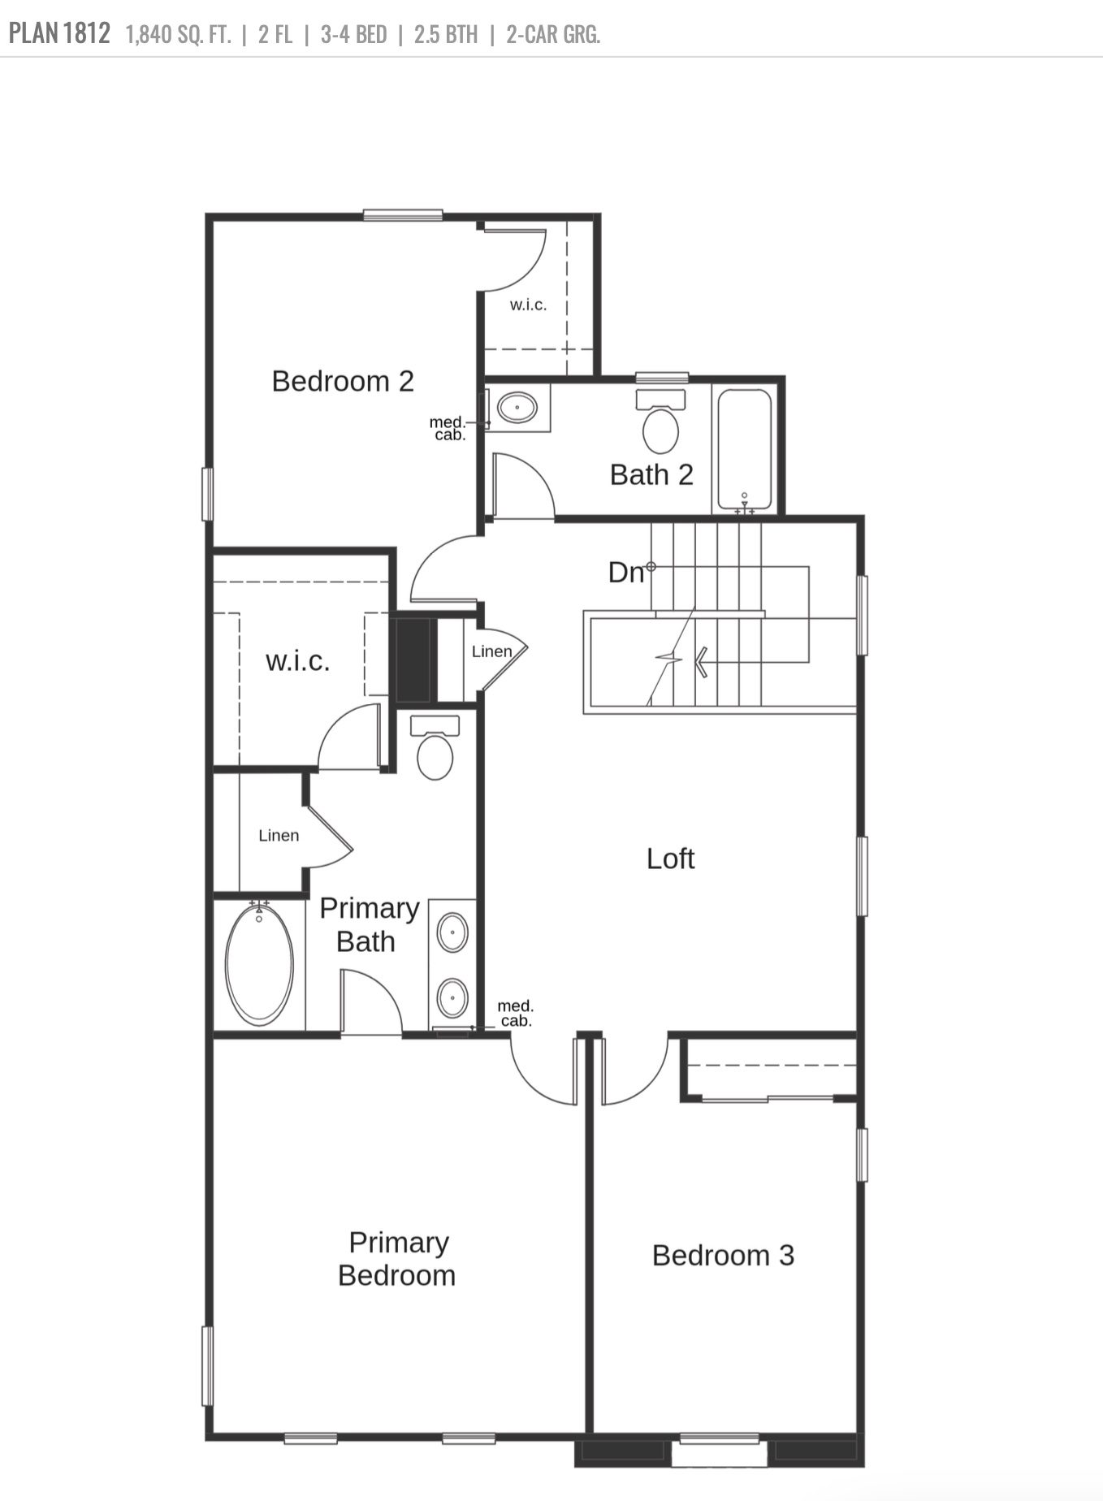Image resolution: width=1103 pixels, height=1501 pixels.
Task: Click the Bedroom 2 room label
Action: click(x=343, y=381)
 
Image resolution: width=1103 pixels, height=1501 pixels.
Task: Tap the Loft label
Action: click(x=670, y=859)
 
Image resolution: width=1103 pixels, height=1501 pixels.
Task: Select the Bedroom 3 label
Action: click(x=723, y=1255)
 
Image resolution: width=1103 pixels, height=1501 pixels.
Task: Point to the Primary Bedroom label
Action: click(x=397, y=1258)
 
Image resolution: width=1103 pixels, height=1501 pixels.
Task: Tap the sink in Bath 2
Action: click(x=517, y=406)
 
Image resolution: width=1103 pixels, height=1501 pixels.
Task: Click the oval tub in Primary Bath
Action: click(x=260, y=964)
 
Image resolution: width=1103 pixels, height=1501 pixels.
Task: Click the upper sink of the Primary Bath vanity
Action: click(x=452, y=932)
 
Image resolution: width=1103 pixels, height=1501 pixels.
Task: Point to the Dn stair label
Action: click(x=626, y=573)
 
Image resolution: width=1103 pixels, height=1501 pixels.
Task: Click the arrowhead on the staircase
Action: click(x=700, y=661)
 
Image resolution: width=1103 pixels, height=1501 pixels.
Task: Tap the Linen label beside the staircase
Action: click(x=491, y=651)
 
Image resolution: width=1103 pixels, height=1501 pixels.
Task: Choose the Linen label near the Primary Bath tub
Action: click(x=279, y=835)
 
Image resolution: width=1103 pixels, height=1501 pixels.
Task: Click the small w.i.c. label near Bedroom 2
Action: click(x=528, y=305)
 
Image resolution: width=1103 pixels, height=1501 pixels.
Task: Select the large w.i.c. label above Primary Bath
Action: click(x=298, y=661)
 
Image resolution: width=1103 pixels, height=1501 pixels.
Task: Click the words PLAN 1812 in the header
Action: click(x=59, y=34)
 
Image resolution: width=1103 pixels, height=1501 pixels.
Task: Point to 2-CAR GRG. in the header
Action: click(x=553, y=35)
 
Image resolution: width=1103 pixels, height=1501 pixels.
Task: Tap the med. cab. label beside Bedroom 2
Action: click(x=448, y=428)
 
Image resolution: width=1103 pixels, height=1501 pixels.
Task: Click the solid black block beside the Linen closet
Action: click(x=413, y=660)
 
